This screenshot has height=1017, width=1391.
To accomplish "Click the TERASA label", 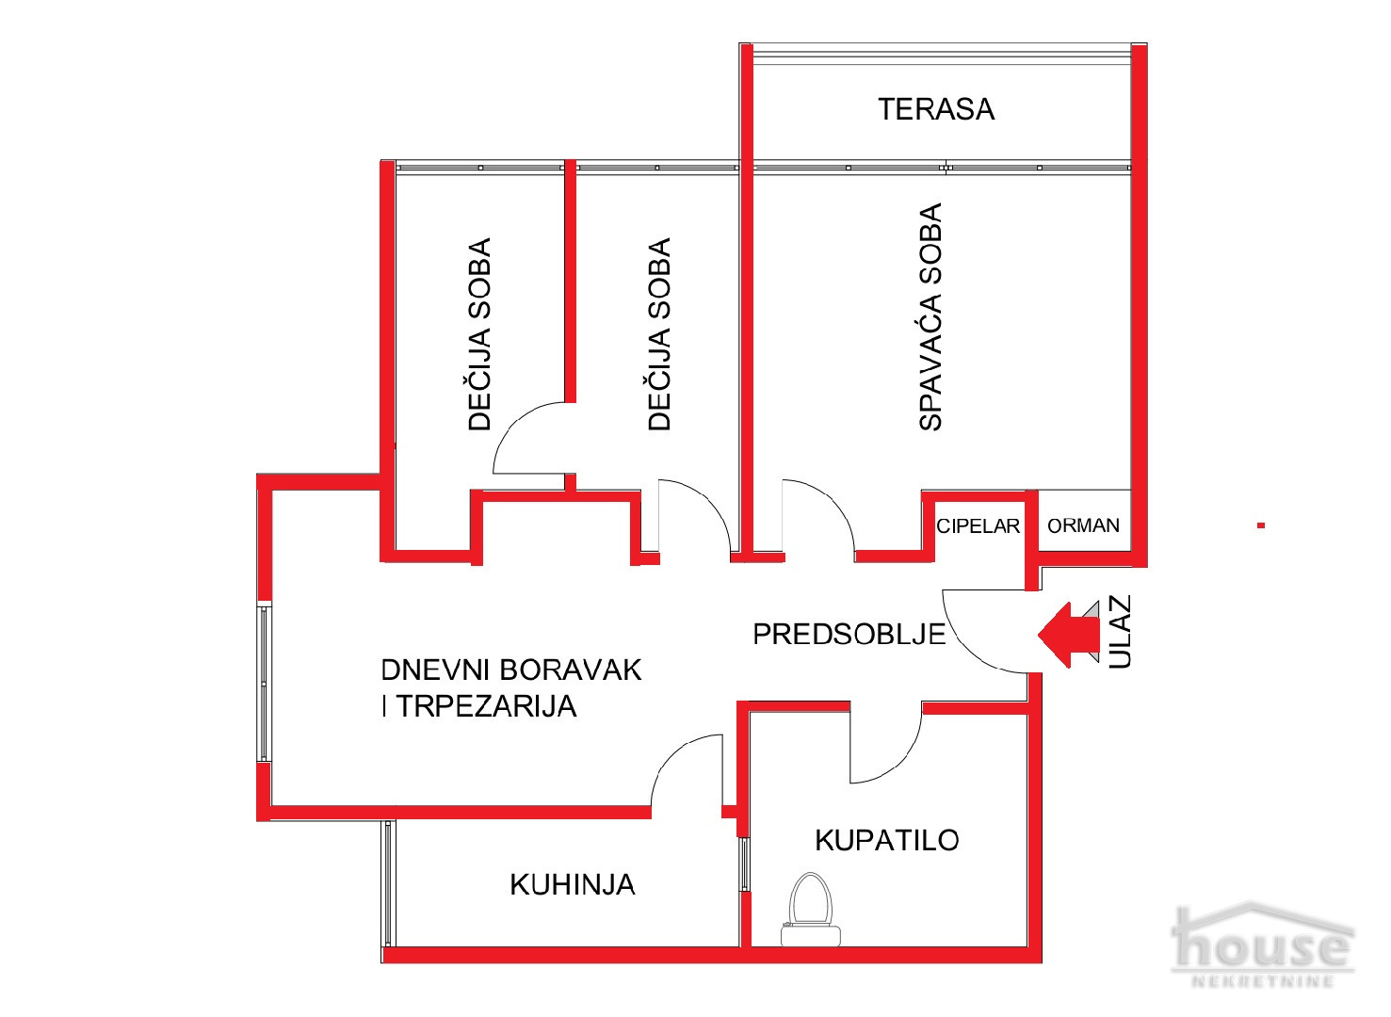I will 936,109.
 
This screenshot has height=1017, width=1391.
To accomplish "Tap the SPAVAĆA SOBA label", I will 930,317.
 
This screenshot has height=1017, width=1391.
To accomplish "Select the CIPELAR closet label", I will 978,525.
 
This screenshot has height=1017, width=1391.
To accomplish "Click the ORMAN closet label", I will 1083,525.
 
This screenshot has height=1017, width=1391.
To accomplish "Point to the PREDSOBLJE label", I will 849,634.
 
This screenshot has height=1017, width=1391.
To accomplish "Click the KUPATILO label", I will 886,839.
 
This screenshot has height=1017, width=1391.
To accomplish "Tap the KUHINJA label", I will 573,884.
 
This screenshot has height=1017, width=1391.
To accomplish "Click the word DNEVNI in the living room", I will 437,670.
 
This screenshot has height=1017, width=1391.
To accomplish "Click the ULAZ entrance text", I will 1120,633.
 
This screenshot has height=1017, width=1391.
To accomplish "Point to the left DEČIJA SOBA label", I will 479,334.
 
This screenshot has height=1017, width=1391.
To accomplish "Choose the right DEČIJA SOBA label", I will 659,334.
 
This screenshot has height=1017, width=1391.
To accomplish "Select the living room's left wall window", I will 265,683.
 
